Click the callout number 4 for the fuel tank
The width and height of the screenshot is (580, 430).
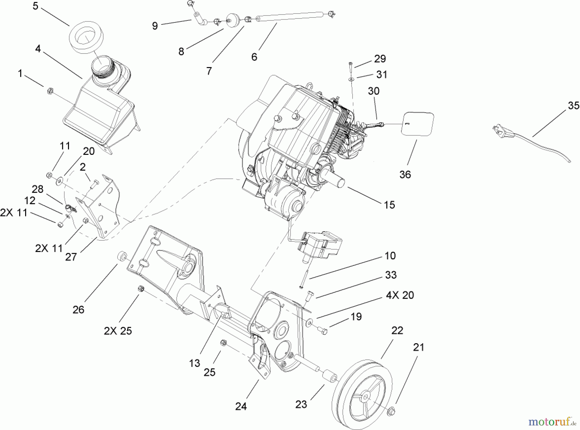[38, 49]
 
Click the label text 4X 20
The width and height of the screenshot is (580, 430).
[400, 295]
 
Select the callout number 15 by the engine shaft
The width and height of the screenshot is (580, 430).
[389, 205]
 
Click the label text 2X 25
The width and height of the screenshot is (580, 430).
[118, 331]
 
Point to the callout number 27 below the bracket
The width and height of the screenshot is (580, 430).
[71, 257]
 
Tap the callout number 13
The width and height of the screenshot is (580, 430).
[195, 363]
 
